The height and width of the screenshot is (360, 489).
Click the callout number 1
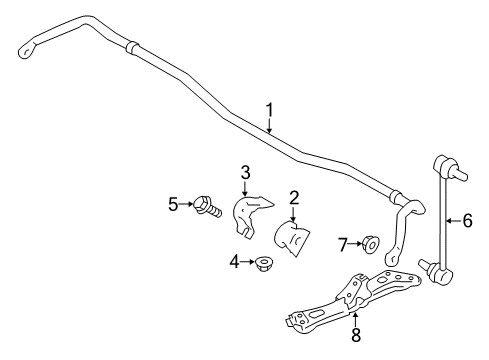(x=268, y=110)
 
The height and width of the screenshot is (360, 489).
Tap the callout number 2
(x=294, y=198)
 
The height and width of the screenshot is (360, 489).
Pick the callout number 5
(x=172, y=205)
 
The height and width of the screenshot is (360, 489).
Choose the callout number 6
(x=466, y=222)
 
